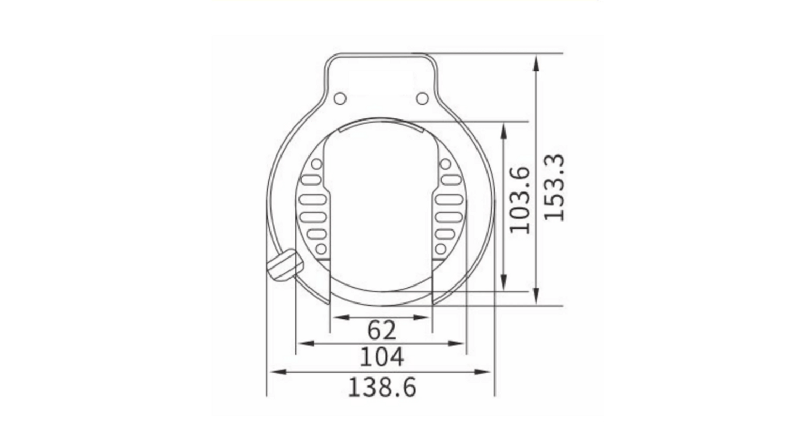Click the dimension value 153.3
coord(554,188)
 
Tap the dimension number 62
coord(381,330)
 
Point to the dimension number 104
coord(382,357)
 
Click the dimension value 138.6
coord(382,387)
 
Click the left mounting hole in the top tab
coord(340,98)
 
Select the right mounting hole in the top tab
coord(423,98)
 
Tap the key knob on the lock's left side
coord(285,264)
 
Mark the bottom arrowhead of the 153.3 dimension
coord(536,295)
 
